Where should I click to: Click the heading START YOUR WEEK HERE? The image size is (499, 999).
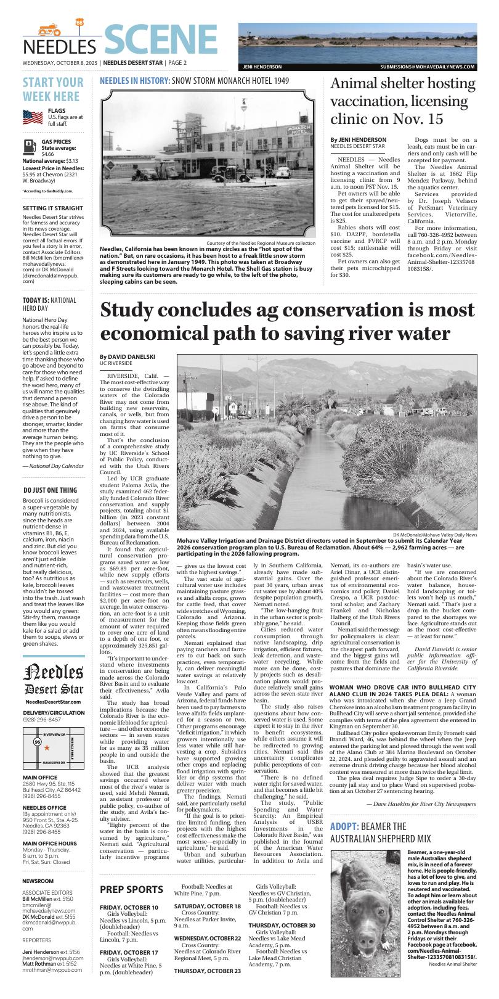[53, 89]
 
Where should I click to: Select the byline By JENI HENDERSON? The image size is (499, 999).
[358, 140]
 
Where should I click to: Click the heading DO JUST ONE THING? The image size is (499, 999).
[50, 490]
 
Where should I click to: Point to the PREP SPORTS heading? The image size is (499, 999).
[131, 889]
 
